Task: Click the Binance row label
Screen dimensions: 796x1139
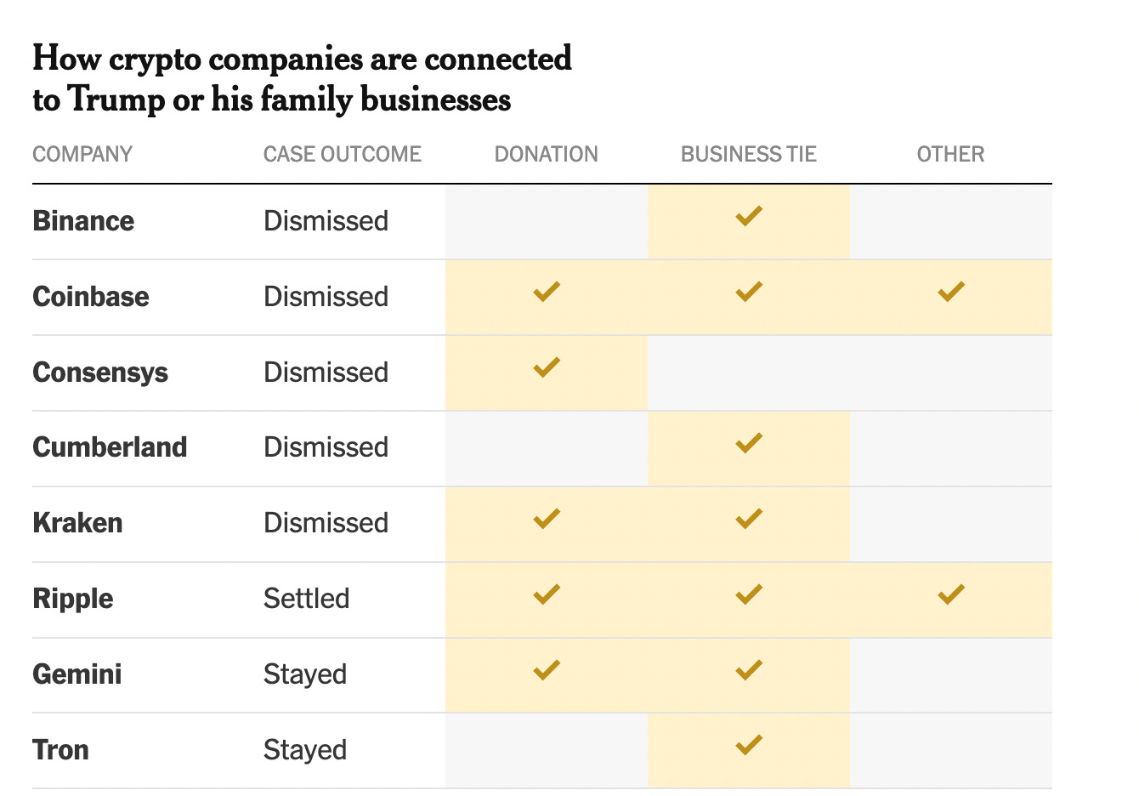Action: tap(83, 221)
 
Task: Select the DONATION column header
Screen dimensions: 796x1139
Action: tap(546, 154)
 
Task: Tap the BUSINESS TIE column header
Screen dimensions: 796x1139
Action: tap(748, 154)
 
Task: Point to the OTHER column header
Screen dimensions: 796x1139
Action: tap(950, 154)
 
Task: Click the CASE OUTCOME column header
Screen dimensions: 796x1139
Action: tap(342, 154)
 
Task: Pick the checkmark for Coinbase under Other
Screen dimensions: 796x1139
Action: tap(950, 292)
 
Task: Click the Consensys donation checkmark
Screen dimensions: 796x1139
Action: tap(546, 367)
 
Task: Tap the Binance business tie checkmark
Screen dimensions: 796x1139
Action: tap(748, 216)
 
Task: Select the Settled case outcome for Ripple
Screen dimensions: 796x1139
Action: tap(306, 599)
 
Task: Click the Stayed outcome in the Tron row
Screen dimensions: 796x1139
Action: tap(304, 750)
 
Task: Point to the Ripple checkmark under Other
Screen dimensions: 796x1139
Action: tap(950, 594)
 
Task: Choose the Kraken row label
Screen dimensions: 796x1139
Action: tap(77, 523)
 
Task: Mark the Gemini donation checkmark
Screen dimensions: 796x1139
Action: tap(546, 670)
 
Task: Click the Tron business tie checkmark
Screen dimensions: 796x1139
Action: tap(748, 745)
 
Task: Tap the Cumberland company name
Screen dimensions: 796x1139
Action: tap(110, 447)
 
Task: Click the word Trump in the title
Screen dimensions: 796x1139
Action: tap(116, 99)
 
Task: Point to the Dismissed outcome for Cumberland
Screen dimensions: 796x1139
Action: tap(326, 447)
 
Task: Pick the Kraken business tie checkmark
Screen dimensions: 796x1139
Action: tap(748, 518)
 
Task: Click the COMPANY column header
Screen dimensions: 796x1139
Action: tap(82, 154)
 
